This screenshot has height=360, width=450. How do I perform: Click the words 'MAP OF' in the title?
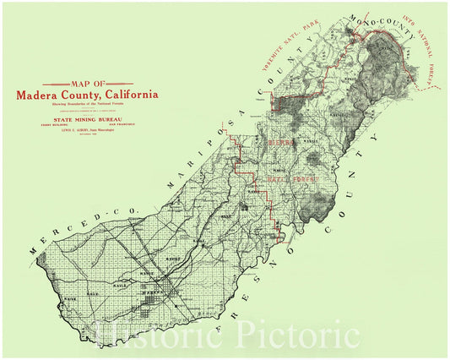[x=86, y=85]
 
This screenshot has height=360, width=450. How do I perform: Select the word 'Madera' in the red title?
[x=37, y=95]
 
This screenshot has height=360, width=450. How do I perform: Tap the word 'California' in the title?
[x=127, y=95]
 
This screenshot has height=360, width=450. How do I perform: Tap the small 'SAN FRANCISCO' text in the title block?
[x=118, y=127]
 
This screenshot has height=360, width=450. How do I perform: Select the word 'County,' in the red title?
[x=79, y=95]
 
